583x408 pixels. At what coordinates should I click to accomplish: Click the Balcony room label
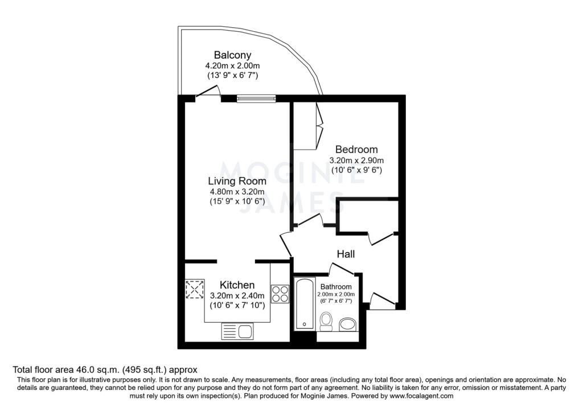click(232, 55)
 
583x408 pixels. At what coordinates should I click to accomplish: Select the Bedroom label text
click(356, 150)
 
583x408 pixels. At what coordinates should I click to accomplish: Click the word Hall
click(346, 255)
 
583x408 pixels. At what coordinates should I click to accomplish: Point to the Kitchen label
click(237, 285)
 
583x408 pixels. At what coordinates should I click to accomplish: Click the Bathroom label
click(336, 286)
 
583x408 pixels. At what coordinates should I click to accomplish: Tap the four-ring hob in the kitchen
click(280, 293)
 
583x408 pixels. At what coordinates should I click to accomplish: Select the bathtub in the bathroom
click(305, 303)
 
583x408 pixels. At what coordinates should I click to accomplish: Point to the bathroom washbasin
click(347, 325)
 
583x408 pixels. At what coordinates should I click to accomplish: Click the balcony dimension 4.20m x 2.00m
click(232, 65)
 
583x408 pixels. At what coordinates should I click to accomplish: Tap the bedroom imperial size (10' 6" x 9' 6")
click(356, 170)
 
